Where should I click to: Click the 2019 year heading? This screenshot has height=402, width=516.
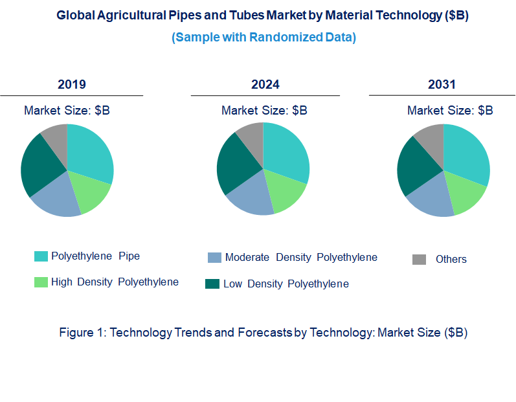click(x=71, y=84)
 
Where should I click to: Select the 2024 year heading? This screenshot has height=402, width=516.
click(x=265, y=84)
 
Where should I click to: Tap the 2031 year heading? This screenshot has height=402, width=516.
click(x=442, y=84)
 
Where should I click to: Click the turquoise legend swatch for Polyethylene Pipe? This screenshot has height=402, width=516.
click(x=40, y=257)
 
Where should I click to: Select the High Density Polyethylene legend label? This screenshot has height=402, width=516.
click(x=115, y=282)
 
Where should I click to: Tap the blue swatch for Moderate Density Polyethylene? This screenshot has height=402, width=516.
click(x=214, y=258)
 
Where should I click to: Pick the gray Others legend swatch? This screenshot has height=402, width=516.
click(x=419, y=260)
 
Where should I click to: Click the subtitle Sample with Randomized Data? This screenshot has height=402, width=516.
click(x=264, y=38)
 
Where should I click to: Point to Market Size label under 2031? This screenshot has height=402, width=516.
click(x=450, y=111)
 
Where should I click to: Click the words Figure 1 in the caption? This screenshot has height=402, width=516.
click(x=82, y=333)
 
